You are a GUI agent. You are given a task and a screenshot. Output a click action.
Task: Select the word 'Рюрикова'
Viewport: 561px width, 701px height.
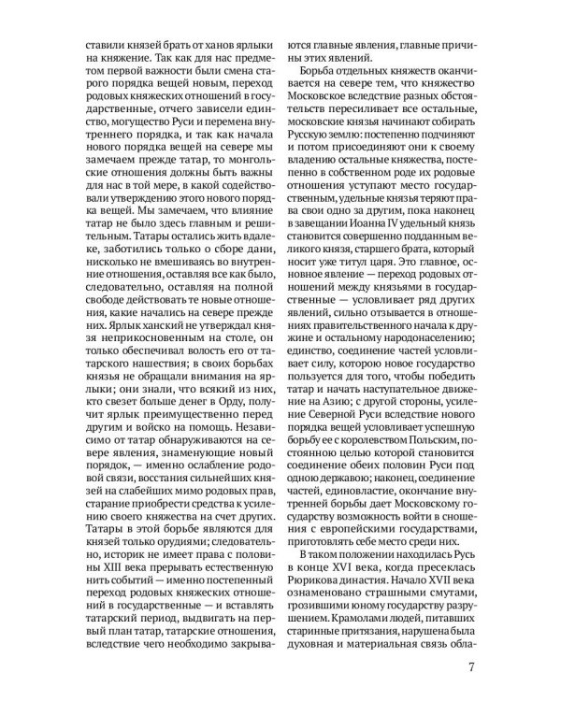(318, 582)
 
